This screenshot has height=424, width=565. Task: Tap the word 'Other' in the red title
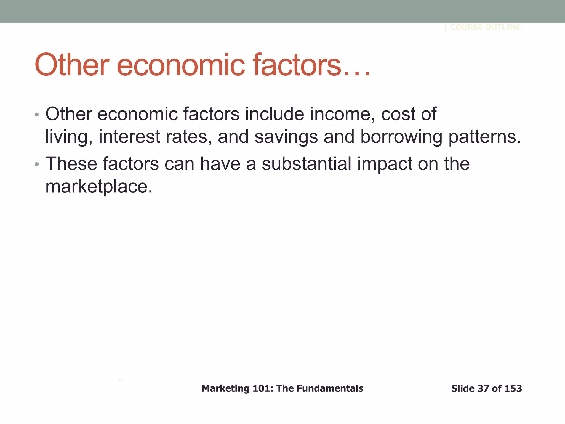tap(72, 65)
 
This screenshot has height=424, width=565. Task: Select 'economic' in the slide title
tap(181, 65)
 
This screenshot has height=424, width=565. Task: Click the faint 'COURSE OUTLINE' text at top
tap(485, 27)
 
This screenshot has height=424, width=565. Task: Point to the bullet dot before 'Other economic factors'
tap(37, 114)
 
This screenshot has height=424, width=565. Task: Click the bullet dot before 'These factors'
tap(37, 165)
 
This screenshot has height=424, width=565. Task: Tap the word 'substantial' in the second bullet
tap(306, 164)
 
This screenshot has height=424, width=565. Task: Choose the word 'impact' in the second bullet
tap(385, 164)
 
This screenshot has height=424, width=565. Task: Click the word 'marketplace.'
tap(99, 187)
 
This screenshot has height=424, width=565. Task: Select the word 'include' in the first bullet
tap(274, 114)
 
